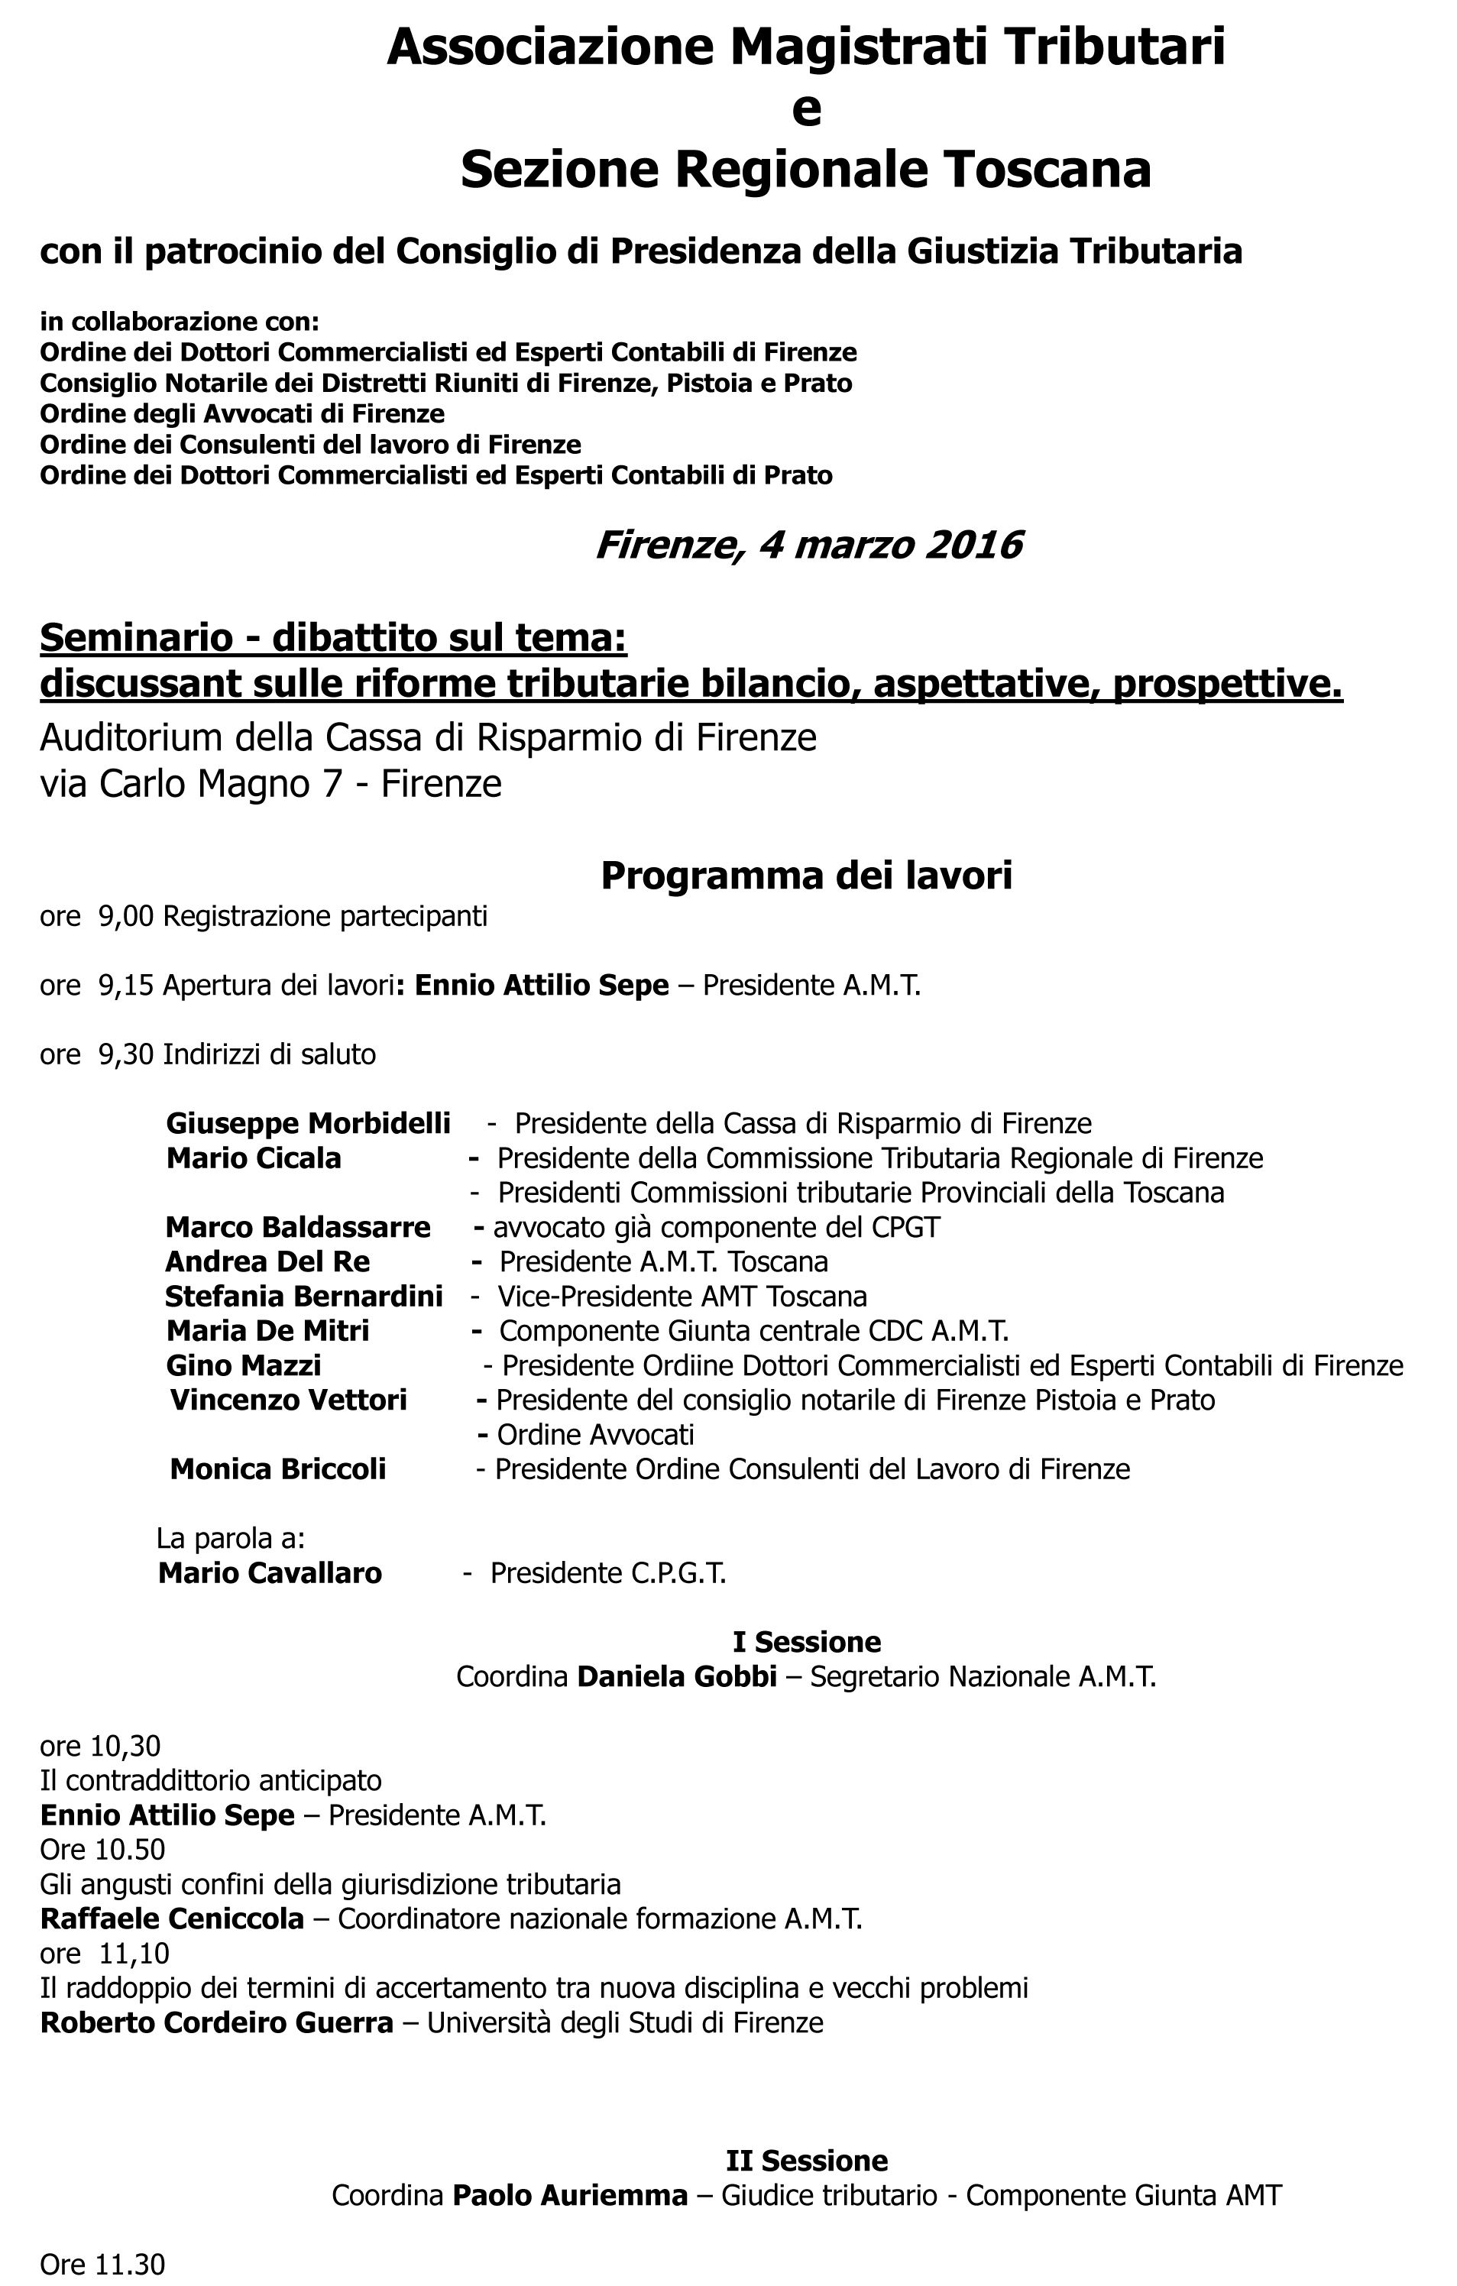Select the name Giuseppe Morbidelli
coord(308,1124)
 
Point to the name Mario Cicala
coord(254,1158)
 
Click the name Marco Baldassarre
coord(298,1228)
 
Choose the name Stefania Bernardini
coord(304,1297)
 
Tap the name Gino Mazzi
coord(244,1366)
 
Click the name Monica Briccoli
coord(278,1469)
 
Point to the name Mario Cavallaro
coord(270,1573)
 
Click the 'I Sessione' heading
coord(806,1641)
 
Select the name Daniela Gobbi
coord(677,1676)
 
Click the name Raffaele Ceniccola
coord(172,1918)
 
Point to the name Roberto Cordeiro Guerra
coord(216,2023)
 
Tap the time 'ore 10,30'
coord(99,1746)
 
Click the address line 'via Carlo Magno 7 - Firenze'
coord(270,784)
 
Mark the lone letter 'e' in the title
coord(806,109)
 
